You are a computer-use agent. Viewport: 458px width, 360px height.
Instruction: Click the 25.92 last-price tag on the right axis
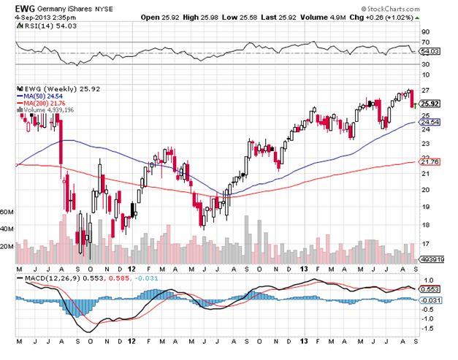tap(430, 104)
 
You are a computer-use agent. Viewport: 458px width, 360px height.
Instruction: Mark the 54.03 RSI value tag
tap(430, 50)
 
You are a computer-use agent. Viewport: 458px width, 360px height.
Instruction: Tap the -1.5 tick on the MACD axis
tap(427, 329)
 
